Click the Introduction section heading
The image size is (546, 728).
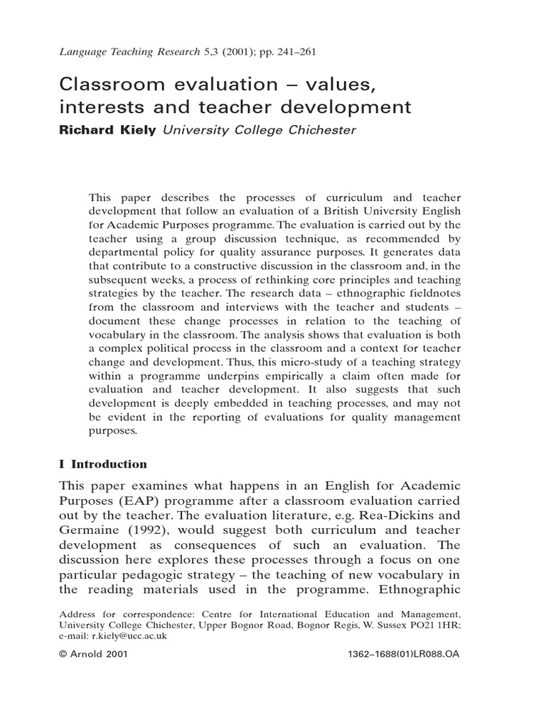(108, 464)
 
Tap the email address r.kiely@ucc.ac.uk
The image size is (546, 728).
(126, 636)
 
